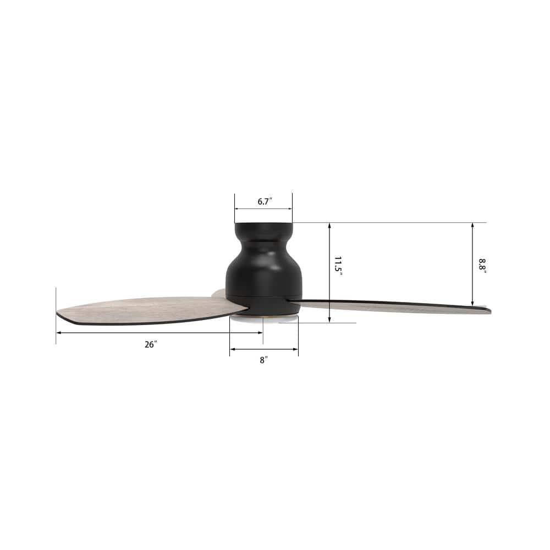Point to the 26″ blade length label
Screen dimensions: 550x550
click(151, 344)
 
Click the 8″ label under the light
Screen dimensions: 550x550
click(264, 360)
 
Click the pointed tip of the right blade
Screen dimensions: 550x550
click(489, 311)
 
